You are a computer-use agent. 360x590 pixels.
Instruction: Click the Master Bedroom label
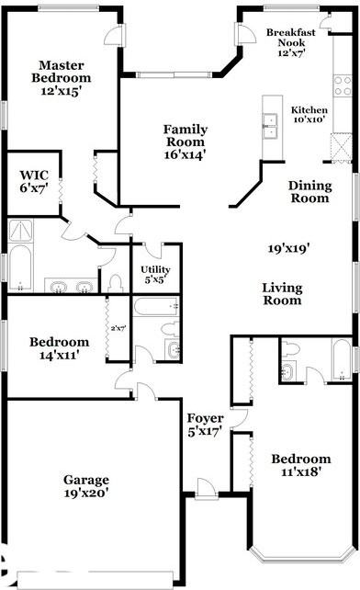pos(62,72)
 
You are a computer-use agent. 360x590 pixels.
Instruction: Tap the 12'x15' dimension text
pos(62,91)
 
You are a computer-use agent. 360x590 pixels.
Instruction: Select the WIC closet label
pos(34,175)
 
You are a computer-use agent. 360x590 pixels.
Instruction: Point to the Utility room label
pos(155,269)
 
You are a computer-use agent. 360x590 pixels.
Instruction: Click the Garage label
pos(86,480)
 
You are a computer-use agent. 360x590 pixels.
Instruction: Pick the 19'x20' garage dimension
pos(86,493)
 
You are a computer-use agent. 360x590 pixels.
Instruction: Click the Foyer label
pos(206,418)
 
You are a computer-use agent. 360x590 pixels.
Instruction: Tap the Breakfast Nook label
pos(291,38)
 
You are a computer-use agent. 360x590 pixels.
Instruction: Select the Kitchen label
pos(309,110)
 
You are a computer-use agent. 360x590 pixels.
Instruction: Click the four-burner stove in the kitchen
pos(343,85)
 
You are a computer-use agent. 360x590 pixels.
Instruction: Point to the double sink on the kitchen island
pos(271,126)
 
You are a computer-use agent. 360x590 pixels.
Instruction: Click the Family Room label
pos(186,135)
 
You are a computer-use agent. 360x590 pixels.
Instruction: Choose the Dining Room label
pos(310,191)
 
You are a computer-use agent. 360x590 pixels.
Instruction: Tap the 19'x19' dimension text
pos(289,248)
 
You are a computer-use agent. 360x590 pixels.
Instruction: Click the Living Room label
pos(282,294)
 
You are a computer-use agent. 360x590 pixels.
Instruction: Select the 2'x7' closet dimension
pos(118,328)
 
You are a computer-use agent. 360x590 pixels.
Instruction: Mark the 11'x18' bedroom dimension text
pos(301,471)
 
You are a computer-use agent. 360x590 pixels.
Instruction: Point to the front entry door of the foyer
pos(206,489)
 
